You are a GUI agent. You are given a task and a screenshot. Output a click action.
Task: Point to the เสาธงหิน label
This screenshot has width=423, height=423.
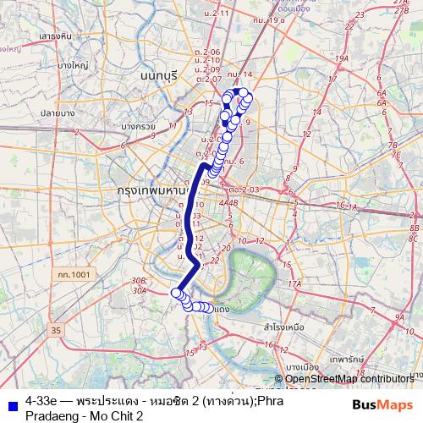pos(54,36)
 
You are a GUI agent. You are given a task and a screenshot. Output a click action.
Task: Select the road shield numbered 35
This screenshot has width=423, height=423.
pos(57,329)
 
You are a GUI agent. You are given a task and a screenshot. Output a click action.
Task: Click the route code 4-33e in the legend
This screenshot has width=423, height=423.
pos(41,397)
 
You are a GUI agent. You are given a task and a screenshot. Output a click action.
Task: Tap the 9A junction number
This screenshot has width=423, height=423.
pos(398,317)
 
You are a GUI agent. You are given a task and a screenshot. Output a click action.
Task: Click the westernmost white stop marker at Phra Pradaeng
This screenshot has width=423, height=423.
pos(176,294)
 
